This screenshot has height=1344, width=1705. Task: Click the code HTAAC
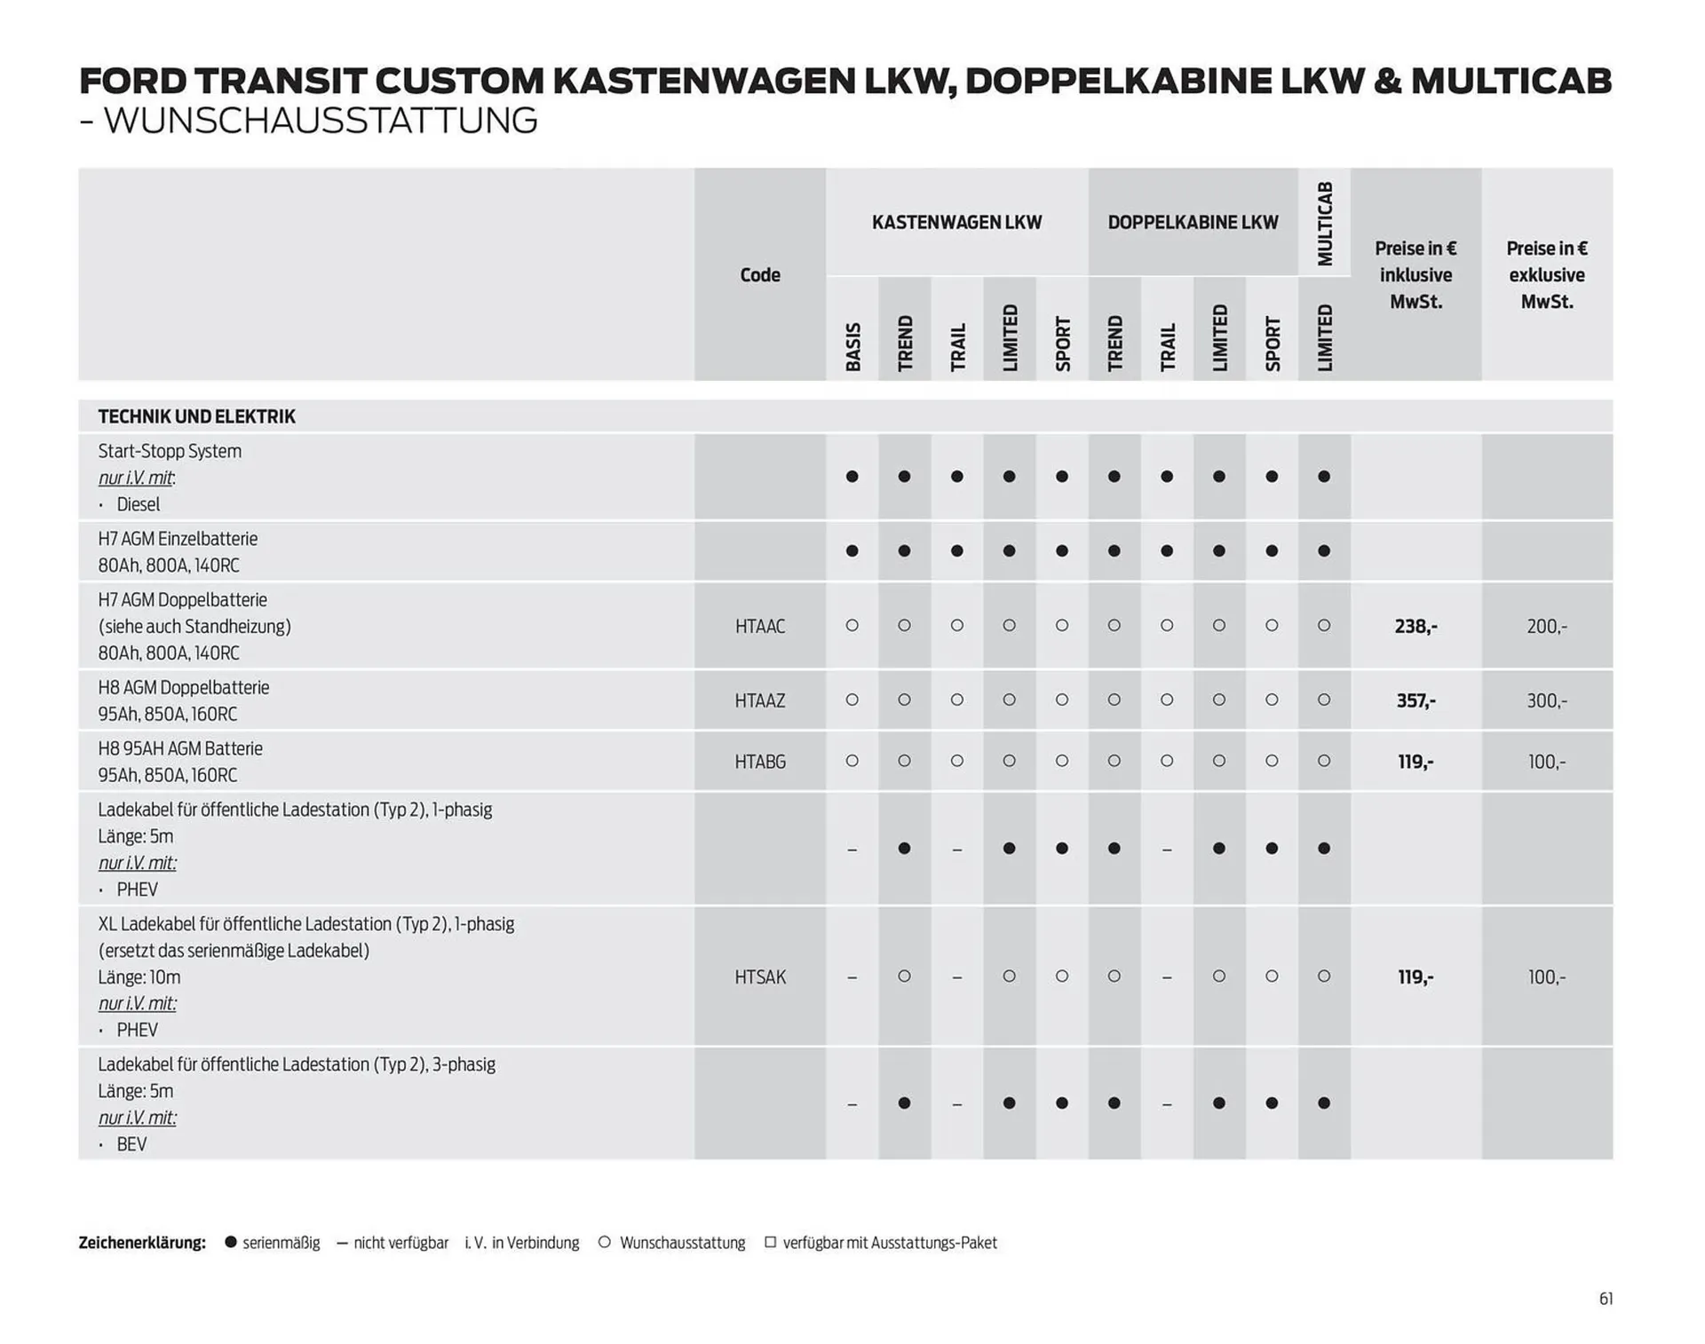point(760,627)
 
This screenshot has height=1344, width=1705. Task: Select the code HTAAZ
point(760,701)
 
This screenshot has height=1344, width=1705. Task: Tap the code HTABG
point(760,762)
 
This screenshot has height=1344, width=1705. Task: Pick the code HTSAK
point(760,977)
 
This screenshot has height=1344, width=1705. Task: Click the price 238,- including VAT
point(1416,627)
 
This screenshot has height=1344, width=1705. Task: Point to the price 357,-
point(1416,701)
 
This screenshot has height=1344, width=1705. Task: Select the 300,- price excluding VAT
point(1547,701)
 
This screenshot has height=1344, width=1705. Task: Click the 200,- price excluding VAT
point(1547,627)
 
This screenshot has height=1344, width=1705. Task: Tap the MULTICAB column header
point(1325,223)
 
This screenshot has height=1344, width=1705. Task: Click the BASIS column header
point(852,346)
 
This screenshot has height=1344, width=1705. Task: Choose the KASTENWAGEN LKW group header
point(956,223)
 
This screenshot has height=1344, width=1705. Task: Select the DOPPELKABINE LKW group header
point(1193,223)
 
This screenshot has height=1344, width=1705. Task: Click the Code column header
point(760,275)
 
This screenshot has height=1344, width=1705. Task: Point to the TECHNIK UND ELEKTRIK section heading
point(196,416)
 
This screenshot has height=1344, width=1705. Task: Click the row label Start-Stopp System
point(170,451)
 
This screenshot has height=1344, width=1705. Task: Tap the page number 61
point(1606,1299)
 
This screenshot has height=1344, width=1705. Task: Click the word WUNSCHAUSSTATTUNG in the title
point(321,121)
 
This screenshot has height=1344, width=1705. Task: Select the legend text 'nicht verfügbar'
point(400,1243)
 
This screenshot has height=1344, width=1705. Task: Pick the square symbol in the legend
point(770,1242)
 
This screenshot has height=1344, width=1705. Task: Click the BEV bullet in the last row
point(131,1144)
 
